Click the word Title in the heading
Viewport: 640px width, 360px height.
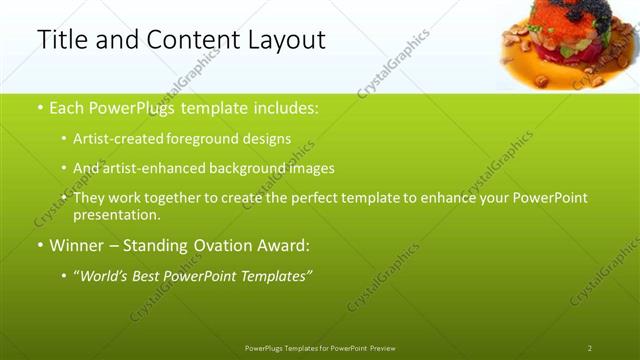click(59, 40)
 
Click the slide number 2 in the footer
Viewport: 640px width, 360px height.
click(589, 348)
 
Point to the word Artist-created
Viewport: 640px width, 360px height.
click(111, 139)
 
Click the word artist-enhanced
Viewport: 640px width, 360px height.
click(144, 168)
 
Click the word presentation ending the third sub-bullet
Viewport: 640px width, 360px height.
click(115, 215)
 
